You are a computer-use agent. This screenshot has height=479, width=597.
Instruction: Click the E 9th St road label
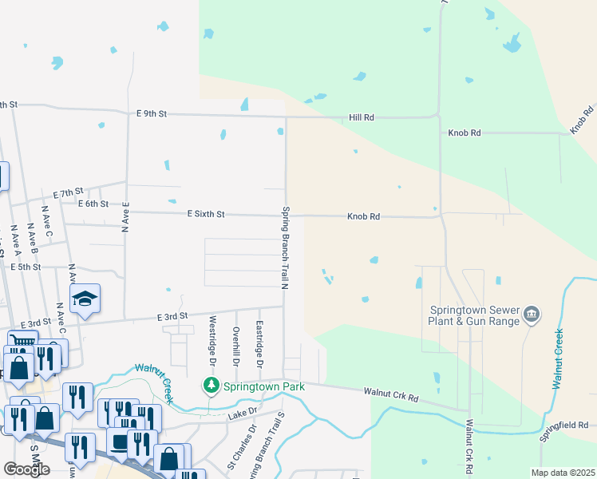151,113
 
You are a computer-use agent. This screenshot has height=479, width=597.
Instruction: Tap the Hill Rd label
362,117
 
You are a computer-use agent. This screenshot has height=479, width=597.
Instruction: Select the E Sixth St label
206,214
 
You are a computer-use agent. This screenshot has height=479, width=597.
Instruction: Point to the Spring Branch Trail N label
283,247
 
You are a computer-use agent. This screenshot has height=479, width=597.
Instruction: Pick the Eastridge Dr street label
259,340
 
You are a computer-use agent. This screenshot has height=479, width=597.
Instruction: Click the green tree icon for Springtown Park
211,386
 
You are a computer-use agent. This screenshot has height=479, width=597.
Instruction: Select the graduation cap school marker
85,299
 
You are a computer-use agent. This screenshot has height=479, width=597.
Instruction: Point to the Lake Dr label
242,413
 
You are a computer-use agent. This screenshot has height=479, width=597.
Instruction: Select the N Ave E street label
125,216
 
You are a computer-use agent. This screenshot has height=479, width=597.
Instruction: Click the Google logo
26,469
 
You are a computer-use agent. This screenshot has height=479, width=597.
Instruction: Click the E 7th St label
69,192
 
